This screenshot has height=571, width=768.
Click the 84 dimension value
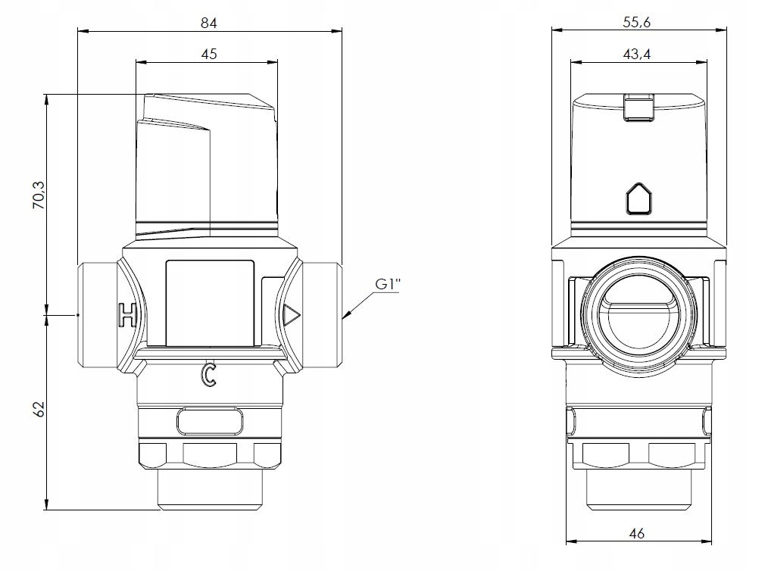[208, 23]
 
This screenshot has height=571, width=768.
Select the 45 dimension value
[208, 53]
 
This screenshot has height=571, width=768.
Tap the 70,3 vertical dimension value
[38, 195]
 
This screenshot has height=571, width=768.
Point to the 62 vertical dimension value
[39, 410]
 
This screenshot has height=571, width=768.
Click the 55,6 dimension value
[637, 22]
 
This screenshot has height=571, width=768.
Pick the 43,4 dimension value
[637, 53]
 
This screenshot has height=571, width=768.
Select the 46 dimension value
[637, 533]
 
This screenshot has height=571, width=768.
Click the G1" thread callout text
[388, 284]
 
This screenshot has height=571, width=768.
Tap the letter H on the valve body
[126, 314]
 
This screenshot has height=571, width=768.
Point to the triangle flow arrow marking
[292, 315]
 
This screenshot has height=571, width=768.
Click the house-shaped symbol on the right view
[639, 199]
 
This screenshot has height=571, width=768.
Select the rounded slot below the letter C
[210, 421]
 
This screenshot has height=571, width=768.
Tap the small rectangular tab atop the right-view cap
[638, 107]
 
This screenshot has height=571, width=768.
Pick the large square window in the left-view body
[210, 302]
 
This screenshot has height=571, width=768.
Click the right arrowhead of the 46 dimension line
[707, 541]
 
